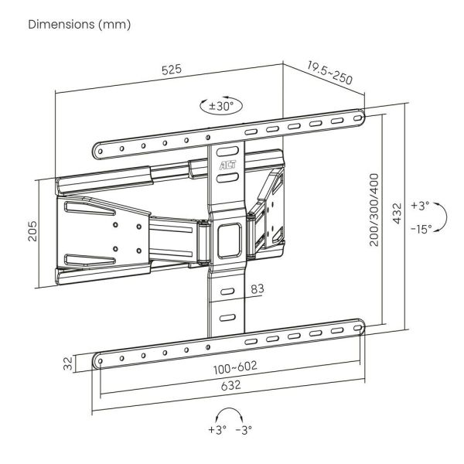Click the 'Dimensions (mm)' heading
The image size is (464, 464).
click(x=80, y=24)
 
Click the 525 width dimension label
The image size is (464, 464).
click(x=172, y=70)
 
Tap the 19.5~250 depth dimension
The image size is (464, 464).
click(x=330, y=73)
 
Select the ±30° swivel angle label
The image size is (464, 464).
click(x=221, y=106)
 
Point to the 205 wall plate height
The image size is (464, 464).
click(x=32, y=231)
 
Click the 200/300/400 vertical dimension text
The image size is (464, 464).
click(x=374, y=210)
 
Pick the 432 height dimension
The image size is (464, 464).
click(x=397, y=213)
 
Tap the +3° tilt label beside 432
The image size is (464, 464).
click(x=420, y=206)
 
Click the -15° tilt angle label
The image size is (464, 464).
click(x=421, y=229)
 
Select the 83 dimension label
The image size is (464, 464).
click(x=258, y=288)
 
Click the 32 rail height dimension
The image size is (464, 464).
click(x=68, y=363)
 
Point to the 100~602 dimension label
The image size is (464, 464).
click(x=235, y=368)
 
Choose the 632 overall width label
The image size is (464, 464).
click(x=230, y=385)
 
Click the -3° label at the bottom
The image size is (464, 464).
click(x=244, y=430)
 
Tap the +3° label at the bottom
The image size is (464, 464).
click(x=217, y=429)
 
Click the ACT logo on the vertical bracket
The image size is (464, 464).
click(x=228, y=165)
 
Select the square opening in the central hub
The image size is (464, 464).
click(x=230, y=241)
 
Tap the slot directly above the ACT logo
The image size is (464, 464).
click(x=227, y=152)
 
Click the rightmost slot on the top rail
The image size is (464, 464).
click(x=358, y=118)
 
